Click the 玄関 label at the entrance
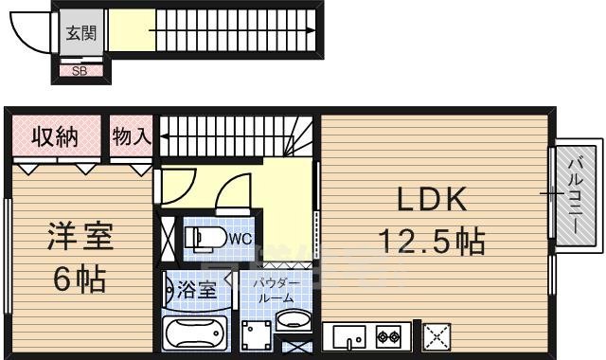coord(80,33)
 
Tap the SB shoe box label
coord(80,69)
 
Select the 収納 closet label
coord(55,136)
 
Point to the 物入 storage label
coord(131,136)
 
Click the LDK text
coord(431,200)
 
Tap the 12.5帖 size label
coord(433,242)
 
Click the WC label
coord(238,239)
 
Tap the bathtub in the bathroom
coord(197,333)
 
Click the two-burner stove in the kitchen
coord(388,335)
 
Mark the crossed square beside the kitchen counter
coord(437,335)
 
